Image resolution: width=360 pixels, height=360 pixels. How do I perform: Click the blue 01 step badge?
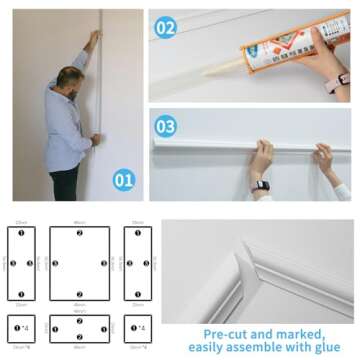coord(123,180)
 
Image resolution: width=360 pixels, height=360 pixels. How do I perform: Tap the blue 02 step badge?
coord(166,28)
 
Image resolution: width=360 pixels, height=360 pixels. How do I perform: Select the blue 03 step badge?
coord(166,126)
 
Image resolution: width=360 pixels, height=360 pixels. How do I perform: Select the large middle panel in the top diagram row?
coord(80,263)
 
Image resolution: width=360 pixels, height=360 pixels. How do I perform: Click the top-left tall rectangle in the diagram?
coord(21,263)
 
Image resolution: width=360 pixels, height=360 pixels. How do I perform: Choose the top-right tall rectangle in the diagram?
coord(138,263)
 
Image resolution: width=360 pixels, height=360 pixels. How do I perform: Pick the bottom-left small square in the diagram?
coord(21,328)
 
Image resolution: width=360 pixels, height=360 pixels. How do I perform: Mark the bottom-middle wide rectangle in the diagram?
coord(80,328)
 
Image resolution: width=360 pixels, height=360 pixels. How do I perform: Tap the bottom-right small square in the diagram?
coord(138,328)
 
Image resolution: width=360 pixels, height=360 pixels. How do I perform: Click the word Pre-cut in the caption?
coord(226,334)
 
